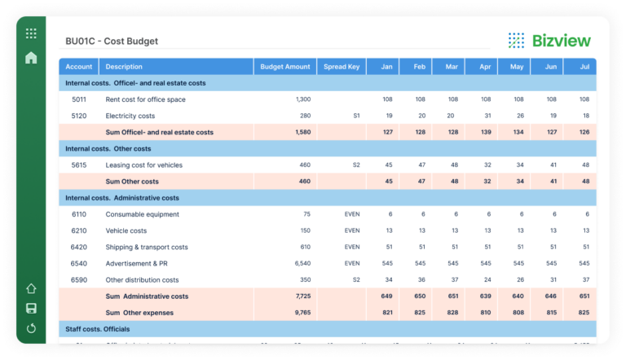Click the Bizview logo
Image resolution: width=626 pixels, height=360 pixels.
pyautogui.click(x=549, y=40)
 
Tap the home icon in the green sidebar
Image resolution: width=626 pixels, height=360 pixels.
pyautogui.click(x=31, y=58)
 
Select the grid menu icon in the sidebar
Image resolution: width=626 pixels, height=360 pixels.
pyautogui.click(x=31, y=33)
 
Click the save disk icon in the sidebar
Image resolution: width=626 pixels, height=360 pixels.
pyautogui.click(x=31, y=308)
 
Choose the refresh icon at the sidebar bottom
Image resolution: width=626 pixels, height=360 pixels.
pyautogui.click(x=31, y=328)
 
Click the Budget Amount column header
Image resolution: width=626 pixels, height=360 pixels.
pyautogui.click(x=285, y=67)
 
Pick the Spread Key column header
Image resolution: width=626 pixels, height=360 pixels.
pyautogui.click(x=342, y=67)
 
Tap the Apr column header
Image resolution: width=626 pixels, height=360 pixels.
pyautogui.click(x=484, y=67)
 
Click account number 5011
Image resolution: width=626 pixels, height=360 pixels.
pyautogui.click(x=79, y=99)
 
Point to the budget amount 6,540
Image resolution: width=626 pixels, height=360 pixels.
pyautogui.click(x=301, y=263)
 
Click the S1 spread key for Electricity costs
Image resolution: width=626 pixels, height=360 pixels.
pyautogui.click(x=356, y=116)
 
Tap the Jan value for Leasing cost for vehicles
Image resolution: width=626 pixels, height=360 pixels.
pyautogui.click(x=388, y=165)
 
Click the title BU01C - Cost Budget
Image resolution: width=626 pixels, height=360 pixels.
pyautogui.click(x=112, y=41)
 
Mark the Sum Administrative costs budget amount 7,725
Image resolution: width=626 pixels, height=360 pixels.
pyautogui.click(x=302, y=296)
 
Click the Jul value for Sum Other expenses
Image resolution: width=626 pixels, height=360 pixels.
pyautogui.click(x=584, y=312)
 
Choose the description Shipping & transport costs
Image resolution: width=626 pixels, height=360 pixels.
pyautogui.click(x=147, y=247)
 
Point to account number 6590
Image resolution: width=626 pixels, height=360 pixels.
pyautogui.click(x=79, y=279)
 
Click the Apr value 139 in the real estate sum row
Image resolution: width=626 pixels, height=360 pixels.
pyautogui.click(x=486, y=132)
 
